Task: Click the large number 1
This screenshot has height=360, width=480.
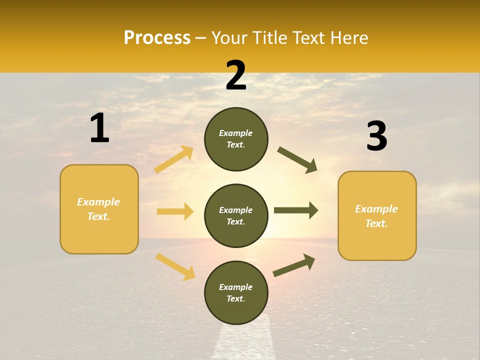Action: point(99,128)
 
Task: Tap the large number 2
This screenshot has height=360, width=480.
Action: point(236,75)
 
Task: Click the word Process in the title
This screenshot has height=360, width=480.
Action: point(157,37)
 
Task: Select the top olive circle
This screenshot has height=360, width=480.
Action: point(236,139)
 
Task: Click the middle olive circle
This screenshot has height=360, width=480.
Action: point(236,215)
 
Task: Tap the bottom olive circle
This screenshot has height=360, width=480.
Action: point(236,292)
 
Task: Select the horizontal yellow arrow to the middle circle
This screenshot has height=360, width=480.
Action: point(175,211)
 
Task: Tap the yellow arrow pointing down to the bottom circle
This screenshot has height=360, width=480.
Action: point(175,266)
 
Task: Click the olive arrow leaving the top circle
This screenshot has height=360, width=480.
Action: point(297,160)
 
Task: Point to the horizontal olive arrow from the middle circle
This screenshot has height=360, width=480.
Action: point(296,210)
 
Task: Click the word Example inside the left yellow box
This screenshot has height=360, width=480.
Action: point(98,202)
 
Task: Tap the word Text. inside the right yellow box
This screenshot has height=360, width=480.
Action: point(376,223)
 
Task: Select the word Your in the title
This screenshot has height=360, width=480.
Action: point(229,37)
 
